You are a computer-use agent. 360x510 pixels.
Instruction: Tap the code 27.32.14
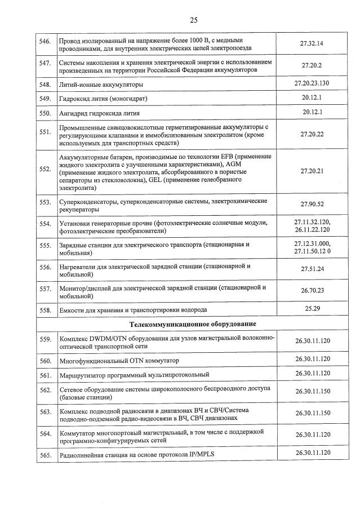click(312, 43)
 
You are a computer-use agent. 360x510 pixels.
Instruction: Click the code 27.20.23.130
click(312, 83)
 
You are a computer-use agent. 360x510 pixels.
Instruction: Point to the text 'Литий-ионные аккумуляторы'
click(101, 85)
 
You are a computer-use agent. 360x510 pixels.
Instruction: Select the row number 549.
click(44, 99)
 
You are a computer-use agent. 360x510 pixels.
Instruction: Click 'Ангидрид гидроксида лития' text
click(101, 113)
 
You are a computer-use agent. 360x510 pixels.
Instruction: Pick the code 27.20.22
click(312, 135)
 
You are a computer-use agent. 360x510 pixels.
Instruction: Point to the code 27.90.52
click(312, 204)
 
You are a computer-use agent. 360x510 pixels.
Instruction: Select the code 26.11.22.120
click(312, 230)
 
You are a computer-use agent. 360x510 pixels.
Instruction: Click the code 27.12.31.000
click(312, 243)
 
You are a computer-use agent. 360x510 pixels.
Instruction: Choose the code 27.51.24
click(312, 269)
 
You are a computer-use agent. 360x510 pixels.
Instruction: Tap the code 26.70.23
click(312, 290)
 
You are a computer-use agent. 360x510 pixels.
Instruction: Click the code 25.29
click(312, 308)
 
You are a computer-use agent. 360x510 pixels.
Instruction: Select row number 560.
click(44, 360)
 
